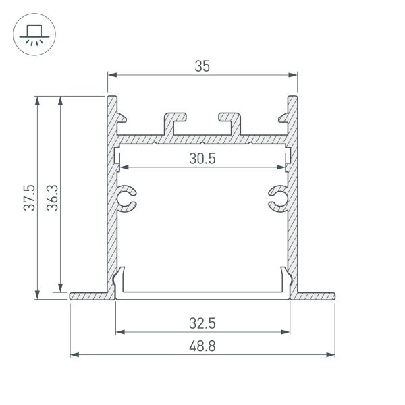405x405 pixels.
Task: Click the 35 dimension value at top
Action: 202,65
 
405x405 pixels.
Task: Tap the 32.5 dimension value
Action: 202,323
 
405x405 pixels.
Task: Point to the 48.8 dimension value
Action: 202,346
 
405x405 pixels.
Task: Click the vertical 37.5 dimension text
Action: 28,197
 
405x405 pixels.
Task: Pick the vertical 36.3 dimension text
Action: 52,197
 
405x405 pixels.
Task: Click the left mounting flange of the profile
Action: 88,296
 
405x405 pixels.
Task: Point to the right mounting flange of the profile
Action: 316,296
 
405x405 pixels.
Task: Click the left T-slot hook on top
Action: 173,122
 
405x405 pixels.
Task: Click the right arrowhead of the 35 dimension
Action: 294,74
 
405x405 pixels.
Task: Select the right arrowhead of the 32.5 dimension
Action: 286,331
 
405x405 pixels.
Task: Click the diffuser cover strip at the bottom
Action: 202,296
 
